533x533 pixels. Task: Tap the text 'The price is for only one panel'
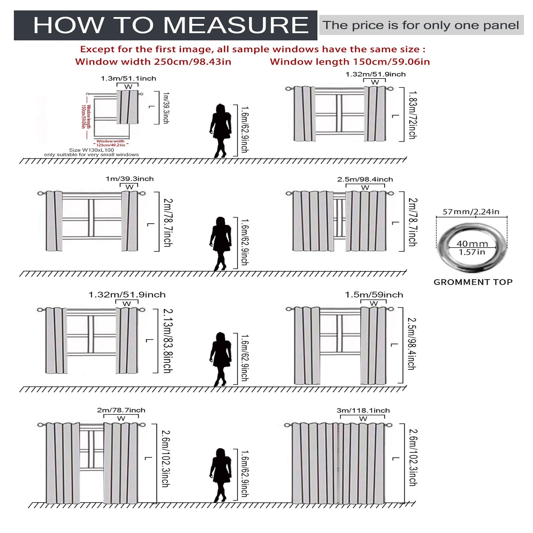point(421,25)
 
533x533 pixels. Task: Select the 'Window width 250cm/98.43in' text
point(153,62)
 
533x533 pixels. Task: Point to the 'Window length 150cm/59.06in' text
point(350,62)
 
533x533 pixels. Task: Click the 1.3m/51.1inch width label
point(128,79)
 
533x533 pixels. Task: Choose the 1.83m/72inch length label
point(412,115)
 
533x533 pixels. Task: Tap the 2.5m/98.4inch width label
point(365,179)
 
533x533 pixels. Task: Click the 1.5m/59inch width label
point(374,295)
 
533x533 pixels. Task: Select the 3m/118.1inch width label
point(363,410)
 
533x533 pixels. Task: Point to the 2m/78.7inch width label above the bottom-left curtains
point(121,410)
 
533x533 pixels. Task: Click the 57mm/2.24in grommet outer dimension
point(471,212)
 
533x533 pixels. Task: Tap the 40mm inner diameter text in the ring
point(472,244)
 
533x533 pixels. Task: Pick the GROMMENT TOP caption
point(473,282)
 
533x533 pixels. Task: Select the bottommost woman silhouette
point(221,475)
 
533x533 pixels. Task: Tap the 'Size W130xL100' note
point(91,150)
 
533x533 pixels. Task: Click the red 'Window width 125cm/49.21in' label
point(110,143)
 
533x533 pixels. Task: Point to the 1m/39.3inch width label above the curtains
point(130,179)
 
